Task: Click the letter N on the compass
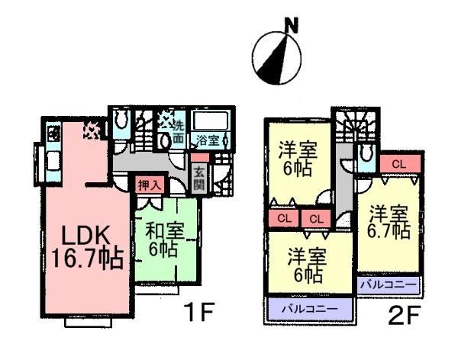(x=290, y=27)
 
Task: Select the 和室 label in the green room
(x=163, y=230)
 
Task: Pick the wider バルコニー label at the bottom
(x=303, y=310)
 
